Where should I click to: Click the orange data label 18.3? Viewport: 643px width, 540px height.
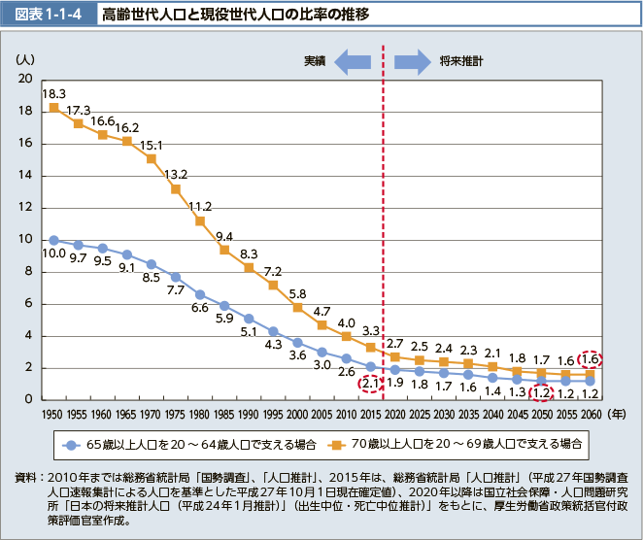tap(53, 92)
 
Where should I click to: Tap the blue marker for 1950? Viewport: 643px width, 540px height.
tap(54, 240)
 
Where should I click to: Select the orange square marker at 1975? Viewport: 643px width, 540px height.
tap(176, 189)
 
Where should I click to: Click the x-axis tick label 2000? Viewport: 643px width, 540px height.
tap(297, 414)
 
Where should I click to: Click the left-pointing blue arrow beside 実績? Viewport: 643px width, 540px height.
tap(352, 62)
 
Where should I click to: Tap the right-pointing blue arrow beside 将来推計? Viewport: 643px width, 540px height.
tap(412, 62)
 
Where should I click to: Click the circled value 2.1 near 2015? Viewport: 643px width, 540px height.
tap(370, 385)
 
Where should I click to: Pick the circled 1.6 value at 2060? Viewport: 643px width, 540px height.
tap(590, 358)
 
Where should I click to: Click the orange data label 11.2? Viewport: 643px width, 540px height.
tap(200, 207)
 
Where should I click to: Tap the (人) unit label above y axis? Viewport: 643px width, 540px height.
tap(26, 60)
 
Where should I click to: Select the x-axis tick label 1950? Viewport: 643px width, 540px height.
tap(53, 414)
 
